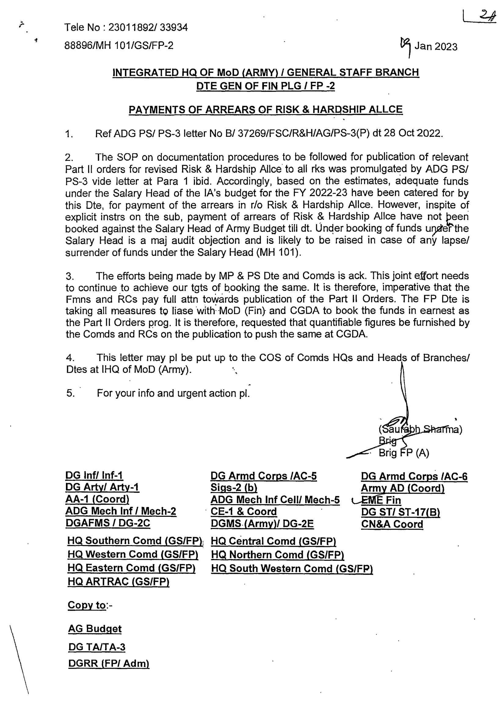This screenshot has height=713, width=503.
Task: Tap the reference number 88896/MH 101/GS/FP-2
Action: point(119,46)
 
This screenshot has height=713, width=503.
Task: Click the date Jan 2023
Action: point(436,47)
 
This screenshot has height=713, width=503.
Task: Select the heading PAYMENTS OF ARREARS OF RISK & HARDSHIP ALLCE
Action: point(266,110)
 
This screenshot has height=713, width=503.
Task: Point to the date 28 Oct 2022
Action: point(412,133)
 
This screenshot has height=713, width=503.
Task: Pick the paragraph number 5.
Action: point(70,393)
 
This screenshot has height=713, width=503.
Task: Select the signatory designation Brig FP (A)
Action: point(403,453)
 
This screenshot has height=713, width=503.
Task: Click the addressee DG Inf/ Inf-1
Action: point(94,476)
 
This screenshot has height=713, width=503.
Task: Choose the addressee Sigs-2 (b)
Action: point(234,487)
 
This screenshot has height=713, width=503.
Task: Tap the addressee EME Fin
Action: point(381,500)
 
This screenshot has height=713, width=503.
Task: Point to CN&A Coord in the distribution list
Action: point(392,524)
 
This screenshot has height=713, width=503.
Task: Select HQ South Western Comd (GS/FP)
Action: point(292,569)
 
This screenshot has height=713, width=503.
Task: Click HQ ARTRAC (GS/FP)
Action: point(118,582)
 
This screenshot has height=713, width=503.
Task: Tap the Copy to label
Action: point(87,605)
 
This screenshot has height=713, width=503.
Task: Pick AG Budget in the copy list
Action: point(95,628)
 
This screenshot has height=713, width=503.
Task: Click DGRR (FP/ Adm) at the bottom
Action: point(109,664)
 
